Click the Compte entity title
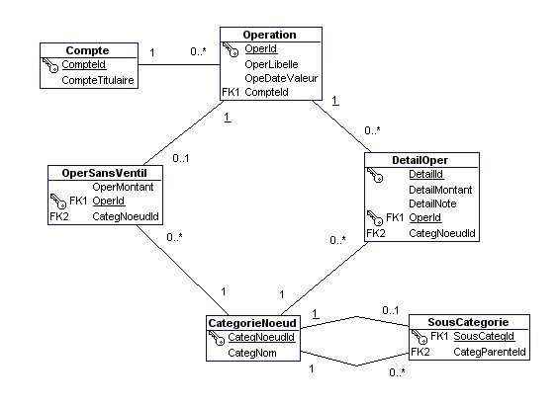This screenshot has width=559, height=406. [87, 50]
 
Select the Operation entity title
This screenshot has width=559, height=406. [269, 35]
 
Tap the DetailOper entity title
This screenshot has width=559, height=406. [421, 159]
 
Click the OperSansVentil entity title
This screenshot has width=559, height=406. [104, 172]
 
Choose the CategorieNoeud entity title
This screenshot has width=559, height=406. [253, 323]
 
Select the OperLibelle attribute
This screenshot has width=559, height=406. [272, 63]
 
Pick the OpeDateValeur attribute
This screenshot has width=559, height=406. [280, 78]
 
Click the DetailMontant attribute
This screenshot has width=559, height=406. [440, 188]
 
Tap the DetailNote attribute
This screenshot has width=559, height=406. [432, 203]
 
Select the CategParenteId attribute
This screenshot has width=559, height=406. [489, 352]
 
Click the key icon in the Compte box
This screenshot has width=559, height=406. [51, 65]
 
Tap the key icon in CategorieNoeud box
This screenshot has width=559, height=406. [218, 338]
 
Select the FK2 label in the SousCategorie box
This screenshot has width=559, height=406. [419, 352]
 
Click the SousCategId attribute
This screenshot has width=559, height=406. [484, 337]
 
